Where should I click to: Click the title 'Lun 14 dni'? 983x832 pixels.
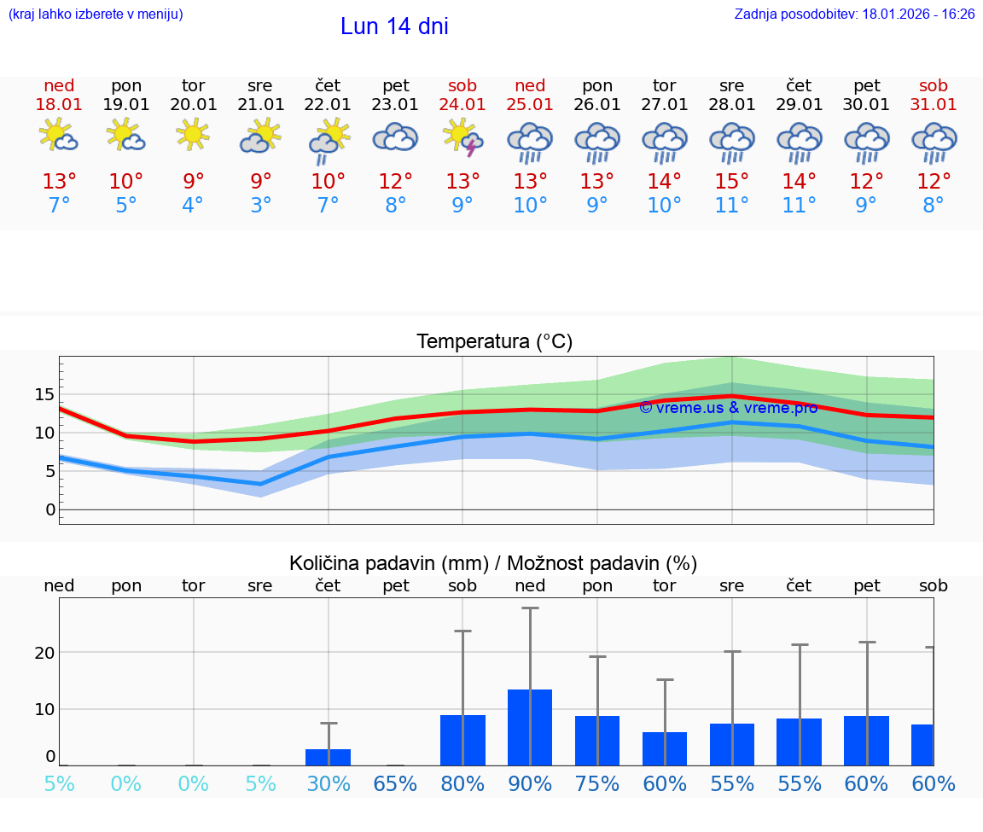coord(394,26)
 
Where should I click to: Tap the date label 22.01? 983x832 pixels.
coord(328,104)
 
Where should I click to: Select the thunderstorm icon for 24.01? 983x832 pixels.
coord(462,138)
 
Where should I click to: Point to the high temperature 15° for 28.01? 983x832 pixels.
coord(731,182)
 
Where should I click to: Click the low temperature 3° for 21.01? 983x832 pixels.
coord(260,206)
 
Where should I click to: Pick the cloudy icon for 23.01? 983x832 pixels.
coord(395,137)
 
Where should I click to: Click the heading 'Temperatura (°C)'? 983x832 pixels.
coord(494,341)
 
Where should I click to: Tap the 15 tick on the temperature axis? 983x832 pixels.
coord(44,394)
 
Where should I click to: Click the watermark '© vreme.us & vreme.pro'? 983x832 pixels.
coord(728,408)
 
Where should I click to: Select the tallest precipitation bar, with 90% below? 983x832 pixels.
coord(530,727)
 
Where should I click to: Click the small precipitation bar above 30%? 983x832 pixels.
coord(328,757)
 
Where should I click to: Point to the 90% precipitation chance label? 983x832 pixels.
coord(530,783)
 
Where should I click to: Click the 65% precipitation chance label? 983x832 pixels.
coord(395,783)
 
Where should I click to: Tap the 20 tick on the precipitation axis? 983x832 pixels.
coord(44,653)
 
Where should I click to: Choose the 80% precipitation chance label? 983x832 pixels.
coord(462,783)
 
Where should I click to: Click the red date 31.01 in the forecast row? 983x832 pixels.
coord(933,104)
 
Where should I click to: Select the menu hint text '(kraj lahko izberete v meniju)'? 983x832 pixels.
coord(96,15)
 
